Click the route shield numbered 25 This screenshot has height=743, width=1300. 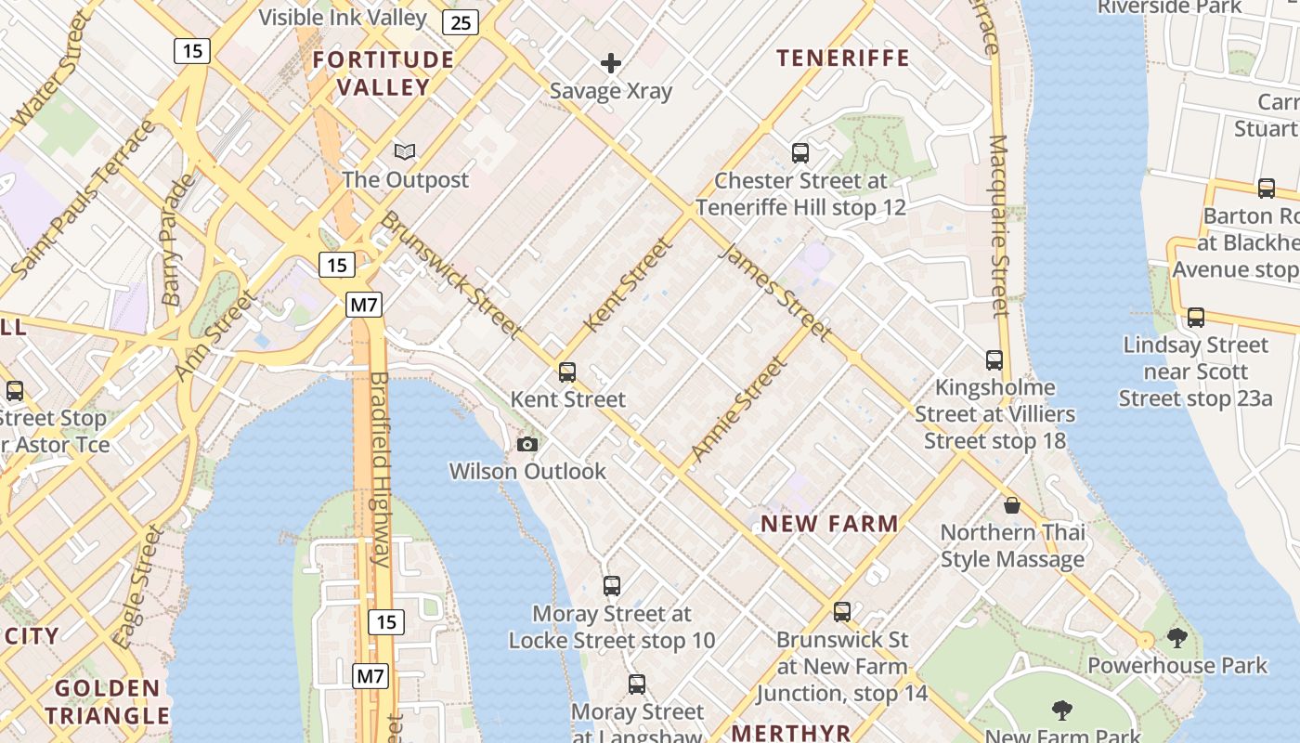click(x=461, y=22)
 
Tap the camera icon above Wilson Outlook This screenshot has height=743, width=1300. click(x=527, y=445)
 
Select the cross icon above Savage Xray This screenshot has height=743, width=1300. click(x=611, y=63)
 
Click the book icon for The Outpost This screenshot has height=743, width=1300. click(x=405, y=151)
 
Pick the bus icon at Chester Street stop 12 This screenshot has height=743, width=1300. click(x=800, y=153)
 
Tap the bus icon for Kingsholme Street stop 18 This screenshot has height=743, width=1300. click(x=994, y=360)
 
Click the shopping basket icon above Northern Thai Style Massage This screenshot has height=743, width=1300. click(x=1012, y=505)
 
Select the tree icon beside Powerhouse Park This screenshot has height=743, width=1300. click(x=1177, y=638)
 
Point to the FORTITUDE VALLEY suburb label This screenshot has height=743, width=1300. click(x=383, y=73)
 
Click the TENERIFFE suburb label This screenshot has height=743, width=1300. click(x=843, y=59)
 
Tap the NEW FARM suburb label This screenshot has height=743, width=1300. click(x=830, y=524)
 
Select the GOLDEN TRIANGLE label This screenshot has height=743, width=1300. click(x=108, y=702)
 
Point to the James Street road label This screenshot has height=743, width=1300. click(x=775, y=292)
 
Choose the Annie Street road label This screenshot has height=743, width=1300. click(x=739, y=411)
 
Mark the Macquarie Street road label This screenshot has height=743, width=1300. click(x=998, y=226)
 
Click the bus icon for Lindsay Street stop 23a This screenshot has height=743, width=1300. click(x=1196, y=318)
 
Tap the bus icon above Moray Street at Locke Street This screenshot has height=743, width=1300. click(x=611, y=586)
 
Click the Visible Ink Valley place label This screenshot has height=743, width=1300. click(x=343, y=17)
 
